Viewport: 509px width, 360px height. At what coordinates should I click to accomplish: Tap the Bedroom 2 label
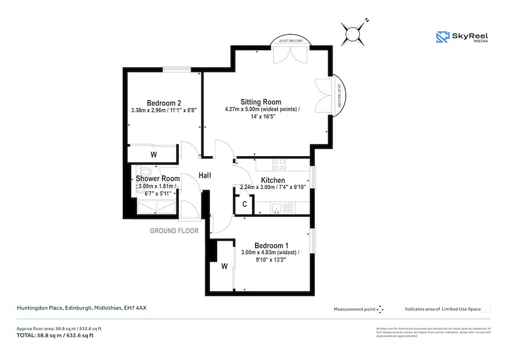tap(164, 102)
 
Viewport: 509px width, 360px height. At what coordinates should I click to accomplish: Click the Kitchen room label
tap(273, 181)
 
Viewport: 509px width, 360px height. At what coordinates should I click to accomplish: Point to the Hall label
tap(204, 175)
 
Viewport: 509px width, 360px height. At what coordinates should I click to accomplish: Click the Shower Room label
tap(157, 179)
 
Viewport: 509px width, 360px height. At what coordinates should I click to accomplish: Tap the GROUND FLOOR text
tap(174, 231)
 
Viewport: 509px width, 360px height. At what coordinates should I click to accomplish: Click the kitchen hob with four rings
tap(279, 165)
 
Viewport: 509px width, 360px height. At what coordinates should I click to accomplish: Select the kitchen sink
tap(277, 209)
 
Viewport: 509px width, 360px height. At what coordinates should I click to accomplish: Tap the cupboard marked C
tap(244, 204)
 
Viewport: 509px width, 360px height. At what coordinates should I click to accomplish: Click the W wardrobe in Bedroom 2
tap(153, 155)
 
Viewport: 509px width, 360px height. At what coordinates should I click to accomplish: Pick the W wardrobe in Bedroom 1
tap(225, 266)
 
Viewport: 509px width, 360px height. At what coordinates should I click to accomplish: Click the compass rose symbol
tap(353, 33)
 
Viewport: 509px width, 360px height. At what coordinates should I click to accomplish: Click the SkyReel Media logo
tap(462, 37)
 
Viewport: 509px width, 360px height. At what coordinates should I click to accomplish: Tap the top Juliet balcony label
tap(291, 41)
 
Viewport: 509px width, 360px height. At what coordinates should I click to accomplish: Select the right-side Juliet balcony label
tap(339, 96)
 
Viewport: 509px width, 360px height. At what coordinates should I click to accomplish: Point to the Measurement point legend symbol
tap(380, 309)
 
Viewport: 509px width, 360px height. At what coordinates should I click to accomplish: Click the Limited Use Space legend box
tap(486, 309)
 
